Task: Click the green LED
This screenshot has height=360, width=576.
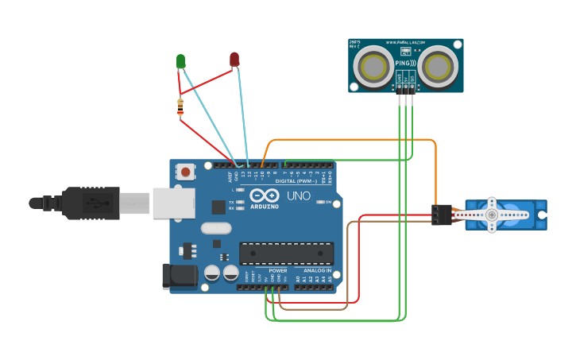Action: pyautogui.click(x=180, y=60)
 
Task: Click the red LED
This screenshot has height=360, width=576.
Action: pyautogui.click(x=234, y=59)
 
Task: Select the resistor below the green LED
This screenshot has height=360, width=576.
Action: pyautogui.click(x=180, y=106)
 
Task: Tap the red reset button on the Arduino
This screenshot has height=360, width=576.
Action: pyautogui.click(x=187, y=171)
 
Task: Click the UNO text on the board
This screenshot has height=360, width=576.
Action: pyautogui.click(x=298, y=195)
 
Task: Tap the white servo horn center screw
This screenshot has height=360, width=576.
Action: pyautogui.click(x=492, y=215)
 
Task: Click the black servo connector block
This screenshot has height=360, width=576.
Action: pyautogui.click(x=442, y=215)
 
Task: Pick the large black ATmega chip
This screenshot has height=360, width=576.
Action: pyautogui.click(x=286, y=253)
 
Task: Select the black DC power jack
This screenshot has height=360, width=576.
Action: pyautogui.click(x=179, y=276)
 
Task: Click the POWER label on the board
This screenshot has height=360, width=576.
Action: pyautogui.click(x=278, y=270)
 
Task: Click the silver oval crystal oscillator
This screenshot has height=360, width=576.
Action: pyautogui.click(x=215, y=228)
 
